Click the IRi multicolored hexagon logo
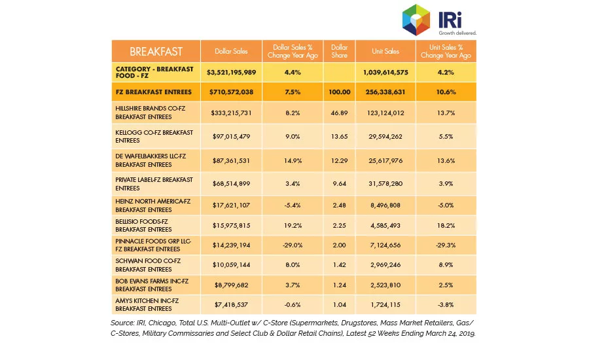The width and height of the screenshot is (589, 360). [x=416, y=20]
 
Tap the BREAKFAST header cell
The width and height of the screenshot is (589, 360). [x=156, y=52]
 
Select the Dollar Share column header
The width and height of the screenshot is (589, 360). [x=339, y=51]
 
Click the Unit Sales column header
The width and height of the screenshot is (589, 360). [x=385, y=51]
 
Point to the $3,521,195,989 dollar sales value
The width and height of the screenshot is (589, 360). [x=232, y=72]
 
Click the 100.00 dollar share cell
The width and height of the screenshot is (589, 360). [x=339, y=92]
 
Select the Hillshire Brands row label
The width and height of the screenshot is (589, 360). [x=151, y=113]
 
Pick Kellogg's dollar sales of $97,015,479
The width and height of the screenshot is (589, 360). [x=232, y=136]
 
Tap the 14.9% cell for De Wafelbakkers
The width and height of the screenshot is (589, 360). [x=293, y=160]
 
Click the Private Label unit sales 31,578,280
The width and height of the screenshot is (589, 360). [x=385, y=184]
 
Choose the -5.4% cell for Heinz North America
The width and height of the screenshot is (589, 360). [x=293, y=205]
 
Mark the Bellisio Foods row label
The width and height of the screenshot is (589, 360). [x=143, y=225]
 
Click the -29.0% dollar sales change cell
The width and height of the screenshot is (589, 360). [x=293, y=245]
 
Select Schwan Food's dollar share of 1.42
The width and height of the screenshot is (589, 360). [x=339, y=264]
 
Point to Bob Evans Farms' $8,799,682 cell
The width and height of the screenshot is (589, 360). [x=232, y=285]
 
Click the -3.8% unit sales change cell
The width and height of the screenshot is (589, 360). [x=446, y=305]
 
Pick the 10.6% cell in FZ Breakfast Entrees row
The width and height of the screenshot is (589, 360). [x=446, y=92]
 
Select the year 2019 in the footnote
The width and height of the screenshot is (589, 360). [x=467, y=333]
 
